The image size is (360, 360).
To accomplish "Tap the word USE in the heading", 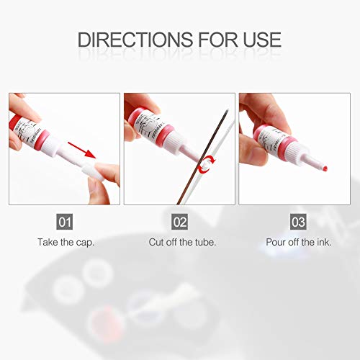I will (256, 39).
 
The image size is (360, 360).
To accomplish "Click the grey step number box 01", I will (66, 221).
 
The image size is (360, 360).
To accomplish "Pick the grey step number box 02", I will (180, 221).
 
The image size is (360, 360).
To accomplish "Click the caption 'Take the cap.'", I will (66, 243).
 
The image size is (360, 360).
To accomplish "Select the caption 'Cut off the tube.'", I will (180, 243).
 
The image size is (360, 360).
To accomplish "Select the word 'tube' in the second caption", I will (204, 243).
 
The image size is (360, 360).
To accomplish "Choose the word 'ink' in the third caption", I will (323, 243).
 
